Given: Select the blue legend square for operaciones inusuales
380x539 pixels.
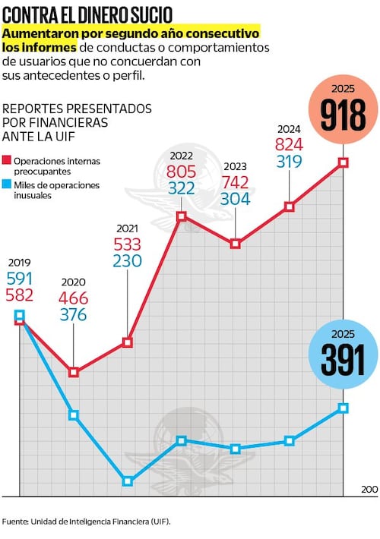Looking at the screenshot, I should click(x=7, y=184).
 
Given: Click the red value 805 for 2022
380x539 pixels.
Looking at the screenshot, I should click(x=182, y=172).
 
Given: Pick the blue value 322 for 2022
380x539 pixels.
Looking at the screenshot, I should click(x=182, y=188).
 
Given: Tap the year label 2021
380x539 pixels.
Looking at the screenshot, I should click(x=127, y=228).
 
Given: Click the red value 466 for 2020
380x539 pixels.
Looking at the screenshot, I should click(x=73, y=298).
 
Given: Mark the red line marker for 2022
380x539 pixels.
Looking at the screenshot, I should click(x=182, y=216).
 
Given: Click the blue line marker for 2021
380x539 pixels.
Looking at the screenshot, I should click(x=128, y=481).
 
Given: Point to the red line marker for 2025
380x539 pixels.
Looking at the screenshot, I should click(x=344, y=162).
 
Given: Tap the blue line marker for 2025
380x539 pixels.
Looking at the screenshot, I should click(x=344, y=408).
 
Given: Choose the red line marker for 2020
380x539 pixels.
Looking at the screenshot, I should click(x=74, y=372).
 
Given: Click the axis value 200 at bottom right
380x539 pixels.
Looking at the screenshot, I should click(x=369, y=490).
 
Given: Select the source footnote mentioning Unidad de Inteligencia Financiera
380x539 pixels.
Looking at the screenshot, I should click(x=86, y=522).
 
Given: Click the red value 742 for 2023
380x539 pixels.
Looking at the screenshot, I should click(x=236, y=182).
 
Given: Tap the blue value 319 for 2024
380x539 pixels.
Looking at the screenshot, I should click(x=289, y=161).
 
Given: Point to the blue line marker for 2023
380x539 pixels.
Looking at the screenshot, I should click(x=236, y=449).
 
